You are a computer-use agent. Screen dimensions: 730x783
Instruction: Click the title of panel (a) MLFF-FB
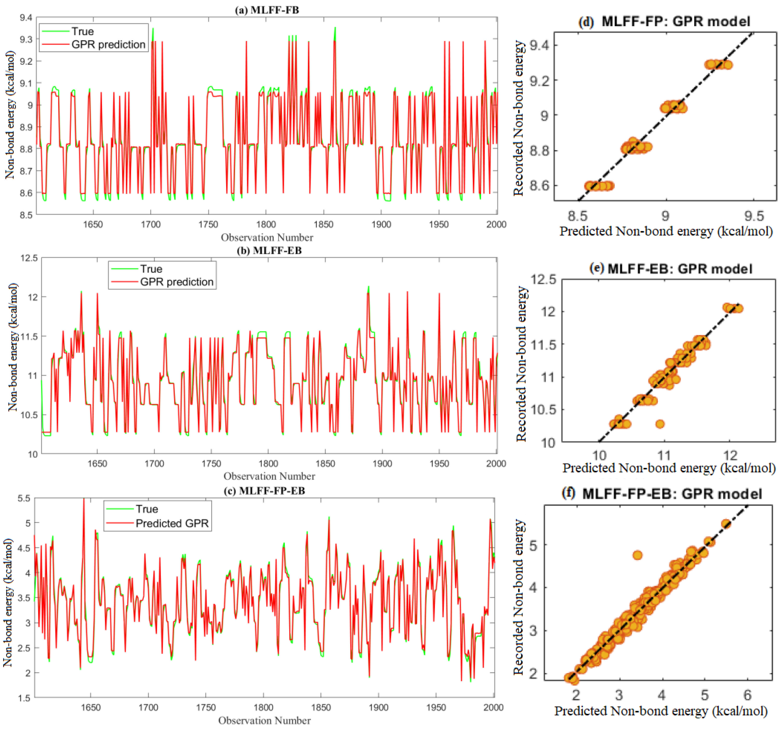click(x=267, y=10)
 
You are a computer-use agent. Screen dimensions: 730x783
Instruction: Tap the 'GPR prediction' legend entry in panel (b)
click(x=176, y=282)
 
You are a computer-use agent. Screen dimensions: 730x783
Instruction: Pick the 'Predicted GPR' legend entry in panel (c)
click(x=172, y=523)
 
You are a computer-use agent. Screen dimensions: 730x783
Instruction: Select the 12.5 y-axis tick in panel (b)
click(x=29, y=258)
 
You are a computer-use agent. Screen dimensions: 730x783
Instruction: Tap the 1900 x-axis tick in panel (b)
click(x=382, y=464)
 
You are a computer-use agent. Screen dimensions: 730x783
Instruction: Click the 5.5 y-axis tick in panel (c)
click(x=24, y=499)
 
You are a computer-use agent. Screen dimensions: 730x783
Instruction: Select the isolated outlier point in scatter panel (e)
click(x=660, y=424)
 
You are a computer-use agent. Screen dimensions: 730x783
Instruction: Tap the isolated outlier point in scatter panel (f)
click(x=637, y=555)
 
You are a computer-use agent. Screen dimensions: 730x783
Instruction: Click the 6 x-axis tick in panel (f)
click(x=747, y=695)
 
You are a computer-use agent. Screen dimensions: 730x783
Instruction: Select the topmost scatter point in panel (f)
click(x=726, y=524)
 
